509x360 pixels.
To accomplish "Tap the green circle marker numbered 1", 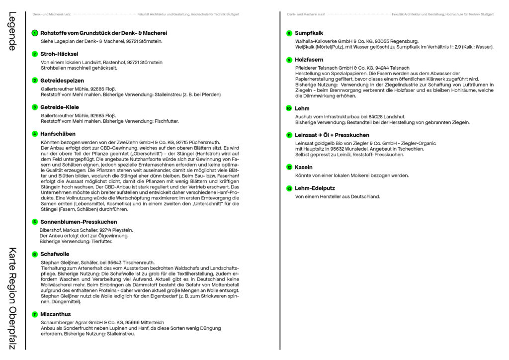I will pos(35,33).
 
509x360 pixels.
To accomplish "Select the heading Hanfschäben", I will pos(58,134).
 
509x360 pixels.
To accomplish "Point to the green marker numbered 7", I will pos(35,314).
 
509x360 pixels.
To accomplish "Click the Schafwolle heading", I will pos(55,254).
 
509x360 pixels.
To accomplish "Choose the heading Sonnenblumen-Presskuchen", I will pos(79,222).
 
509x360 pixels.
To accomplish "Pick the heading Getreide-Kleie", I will pos(60,107).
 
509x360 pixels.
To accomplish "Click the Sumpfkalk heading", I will pos(309,33).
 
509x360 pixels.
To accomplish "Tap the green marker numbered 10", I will pos(289,108).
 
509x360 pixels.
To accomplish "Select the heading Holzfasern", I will pos(309,60).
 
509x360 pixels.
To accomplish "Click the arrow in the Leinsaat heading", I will pos(320,135).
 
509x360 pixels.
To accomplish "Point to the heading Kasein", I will pos(304,168).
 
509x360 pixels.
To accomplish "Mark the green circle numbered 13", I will pos(289,188).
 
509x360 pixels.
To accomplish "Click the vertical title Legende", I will pos(12,31).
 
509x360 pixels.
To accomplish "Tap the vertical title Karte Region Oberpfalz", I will pos(12,298).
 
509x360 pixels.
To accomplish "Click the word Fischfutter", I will pos(165,121).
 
